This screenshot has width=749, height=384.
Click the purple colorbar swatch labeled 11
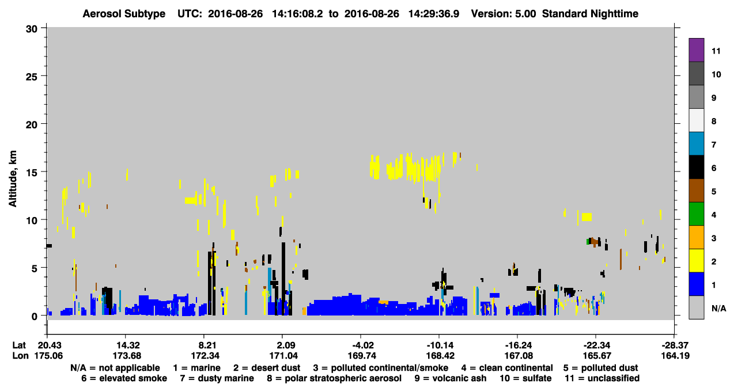[x=696, y=50]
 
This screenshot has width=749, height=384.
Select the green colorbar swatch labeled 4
[x=696, y=214]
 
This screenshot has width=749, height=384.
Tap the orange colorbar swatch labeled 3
[x=696, y=237]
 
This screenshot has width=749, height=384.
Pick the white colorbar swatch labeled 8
[x=696, y=120]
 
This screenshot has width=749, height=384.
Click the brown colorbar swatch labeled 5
[x=696, y=191]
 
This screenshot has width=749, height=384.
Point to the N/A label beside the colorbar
[x=718, y=308]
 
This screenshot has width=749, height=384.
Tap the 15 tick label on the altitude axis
[x=32, y=173]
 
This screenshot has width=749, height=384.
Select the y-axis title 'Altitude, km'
[x=12, y=179]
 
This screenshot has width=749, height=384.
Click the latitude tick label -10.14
[x=439, y=345]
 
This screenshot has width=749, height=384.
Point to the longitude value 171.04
[x=283, y=356]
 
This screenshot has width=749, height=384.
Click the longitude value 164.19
[x=675, y=356]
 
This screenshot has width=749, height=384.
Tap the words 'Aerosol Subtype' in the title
[x=124, y=14]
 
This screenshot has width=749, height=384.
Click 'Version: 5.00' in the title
[x=504, y=14]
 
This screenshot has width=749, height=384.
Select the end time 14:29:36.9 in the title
[x=434, y=14]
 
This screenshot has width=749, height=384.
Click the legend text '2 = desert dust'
[x=267, y=368]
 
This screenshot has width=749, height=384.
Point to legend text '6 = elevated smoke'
[x=124, y=378]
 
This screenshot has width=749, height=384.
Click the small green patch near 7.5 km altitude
[x=588, y=241]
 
